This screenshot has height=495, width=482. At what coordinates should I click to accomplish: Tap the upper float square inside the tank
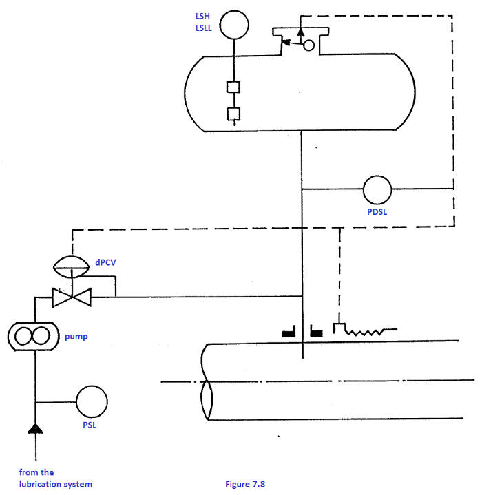[234, 88]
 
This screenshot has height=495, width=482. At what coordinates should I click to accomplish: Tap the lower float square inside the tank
[234, 114]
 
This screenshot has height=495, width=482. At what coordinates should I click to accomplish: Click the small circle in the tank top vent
[309, 45]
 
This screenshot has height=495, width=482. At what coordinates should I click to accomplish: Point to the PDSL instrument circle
[377, 189]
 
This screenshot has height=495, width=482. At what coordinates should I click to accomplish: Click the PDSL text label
[377, 213]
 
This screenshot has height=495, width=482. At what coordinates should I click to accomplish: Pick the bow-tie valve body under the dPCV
[71, 297]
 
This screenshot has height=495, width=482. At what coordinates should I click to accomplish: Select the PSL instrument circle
[92, 401]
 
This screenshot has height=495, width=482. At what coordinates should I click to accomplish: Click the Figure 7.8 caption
[245, 484]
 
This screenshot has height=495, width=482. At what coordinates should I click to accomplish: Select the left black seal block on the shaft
[288, 334]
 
